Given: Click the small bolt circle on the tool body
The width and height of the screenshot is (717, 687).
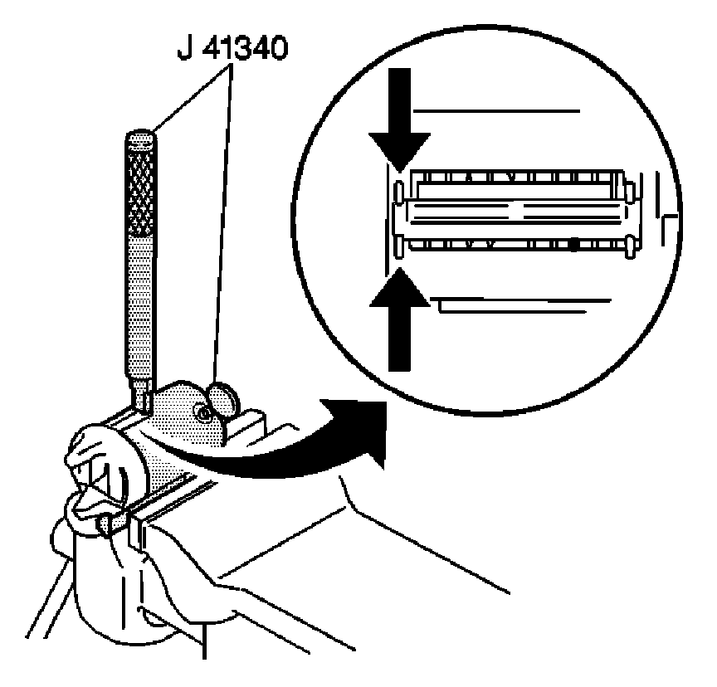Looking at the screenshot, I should pyautogui.click(x=201, y=412).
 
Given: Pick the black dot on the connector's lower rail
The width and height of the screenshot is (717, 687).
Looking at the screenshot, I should pyautogui.click(x=574, y=246).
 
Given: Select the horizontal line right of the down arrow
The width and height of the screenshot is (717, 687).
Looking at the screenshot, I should pyautogui.click(x=498, y=110).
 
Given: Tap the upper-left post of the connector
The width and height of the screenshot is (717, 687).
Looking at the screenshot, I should pyautogui.click(x=399, y=191).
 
